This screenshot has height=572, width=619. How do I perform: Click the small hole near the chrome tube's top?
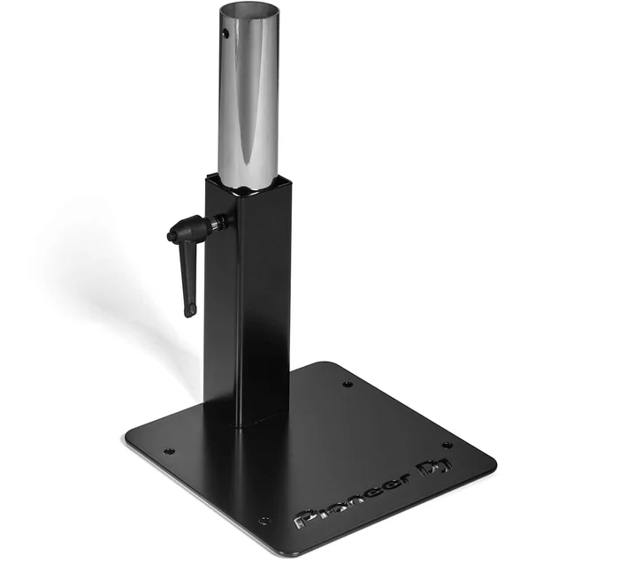tap(226, 33)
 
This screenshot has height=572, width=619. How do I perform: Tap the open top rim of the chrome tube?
tap(248, 5)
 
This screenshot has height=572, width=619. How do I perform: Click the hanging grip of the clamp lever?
tap(187, 283)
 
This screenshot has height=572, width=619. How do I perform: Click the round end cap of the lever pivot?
tap(171, 236)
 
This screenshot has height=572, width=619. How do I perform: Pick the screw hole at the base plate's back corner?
tap(347, 384)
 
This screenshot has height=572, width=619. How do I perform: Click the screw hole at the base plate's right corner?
tap(447, 446)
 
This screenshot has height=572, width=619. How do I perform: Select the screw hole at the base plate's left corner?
tap(170, 450)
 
